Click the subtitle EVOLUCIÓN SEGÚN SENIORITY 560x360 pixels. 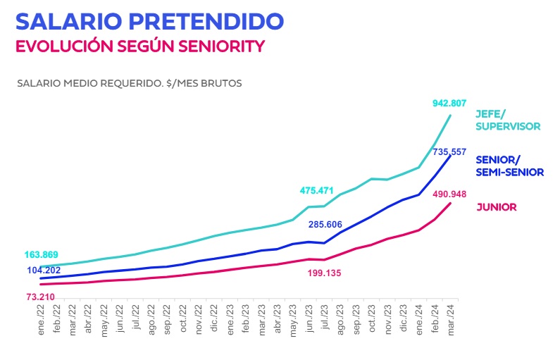click(140, 46)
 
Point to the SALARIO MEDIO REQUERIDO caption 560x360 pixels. click(129, 83)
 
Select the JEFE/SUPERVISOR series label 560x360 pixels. click(508, 120)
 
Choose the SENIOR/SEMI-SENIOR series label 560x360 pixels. click(510, 166)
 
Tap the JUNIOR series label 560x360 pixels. click(497, 207)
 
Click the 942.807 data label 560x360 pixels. click(449, 104)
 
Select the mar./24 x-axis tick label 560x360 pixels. click(451, 319)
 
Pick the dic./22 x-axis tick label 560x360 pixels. click(215, 319)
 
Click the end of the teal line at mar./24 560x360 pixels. click(450, 115)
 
